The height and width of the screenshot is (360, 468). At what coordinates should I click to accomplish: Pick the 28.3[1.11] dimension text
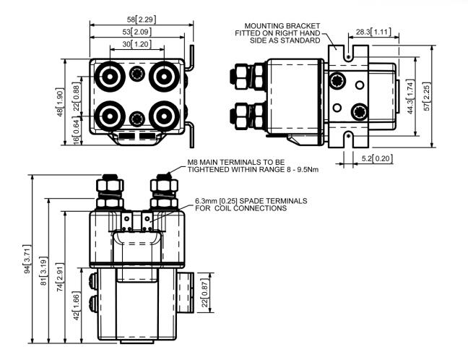[x=374, y=33]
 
